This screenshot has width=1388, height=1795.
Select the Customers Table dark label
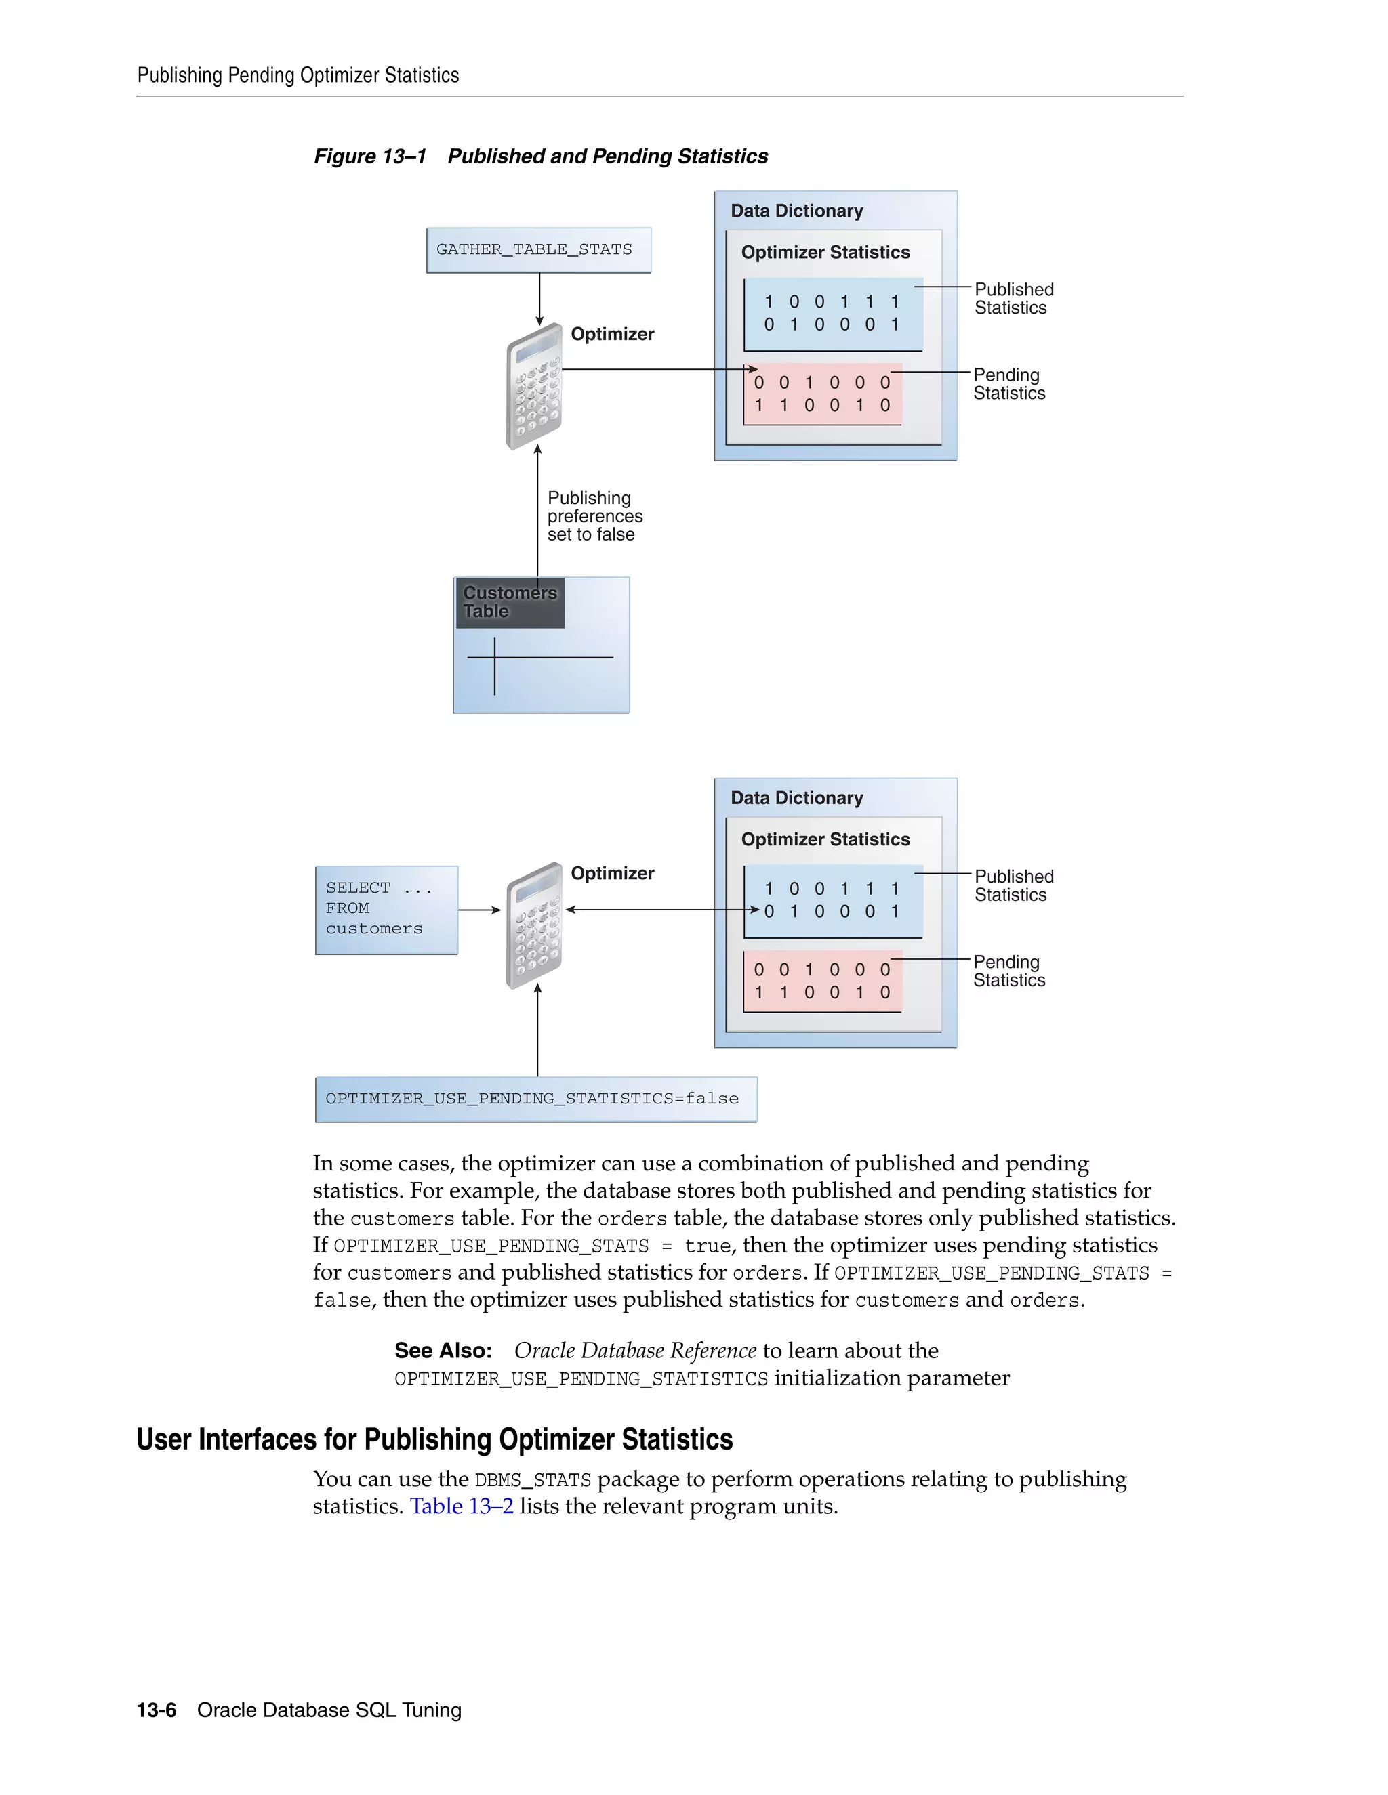[510, 602]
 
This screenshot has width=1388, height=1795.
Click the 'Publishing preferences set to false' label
[594, 516]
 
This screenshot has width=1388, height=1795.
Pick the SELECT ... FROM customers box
[386, 909]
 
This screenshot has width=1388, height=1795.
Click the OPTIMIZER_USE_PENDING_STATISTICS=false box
[535, 1099]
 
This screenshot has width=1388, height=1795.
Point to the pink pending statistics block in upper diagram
[822, 394]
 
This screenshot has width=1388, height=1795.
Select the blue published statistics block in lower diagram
[832, 900]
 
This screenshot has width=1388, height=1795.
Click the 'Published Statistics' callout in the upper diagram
[1013, 298]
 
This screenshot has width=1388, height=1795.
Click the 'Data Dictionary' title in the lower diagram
[796, 798]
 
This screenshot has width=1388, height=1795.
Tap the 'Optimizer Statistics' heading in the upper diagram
[825, 253]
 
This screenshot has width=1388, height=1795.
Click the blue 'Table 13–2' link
[462, 1506]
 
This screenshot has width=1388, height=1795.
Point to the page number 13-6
[157, 1710]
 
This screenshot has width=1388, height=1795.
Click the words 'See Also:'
[443, 1351]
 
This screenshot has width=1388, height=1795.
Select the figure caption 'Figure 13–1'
[370, 156]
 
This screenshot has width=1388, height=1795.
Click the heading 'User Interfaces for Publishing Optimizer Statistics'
[434, 1440]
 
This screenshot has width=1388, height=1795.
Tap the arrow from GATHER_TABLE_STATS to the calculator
[539, 299]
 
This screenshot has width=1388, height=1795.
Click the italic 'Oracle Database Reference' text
[635, 1351]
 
